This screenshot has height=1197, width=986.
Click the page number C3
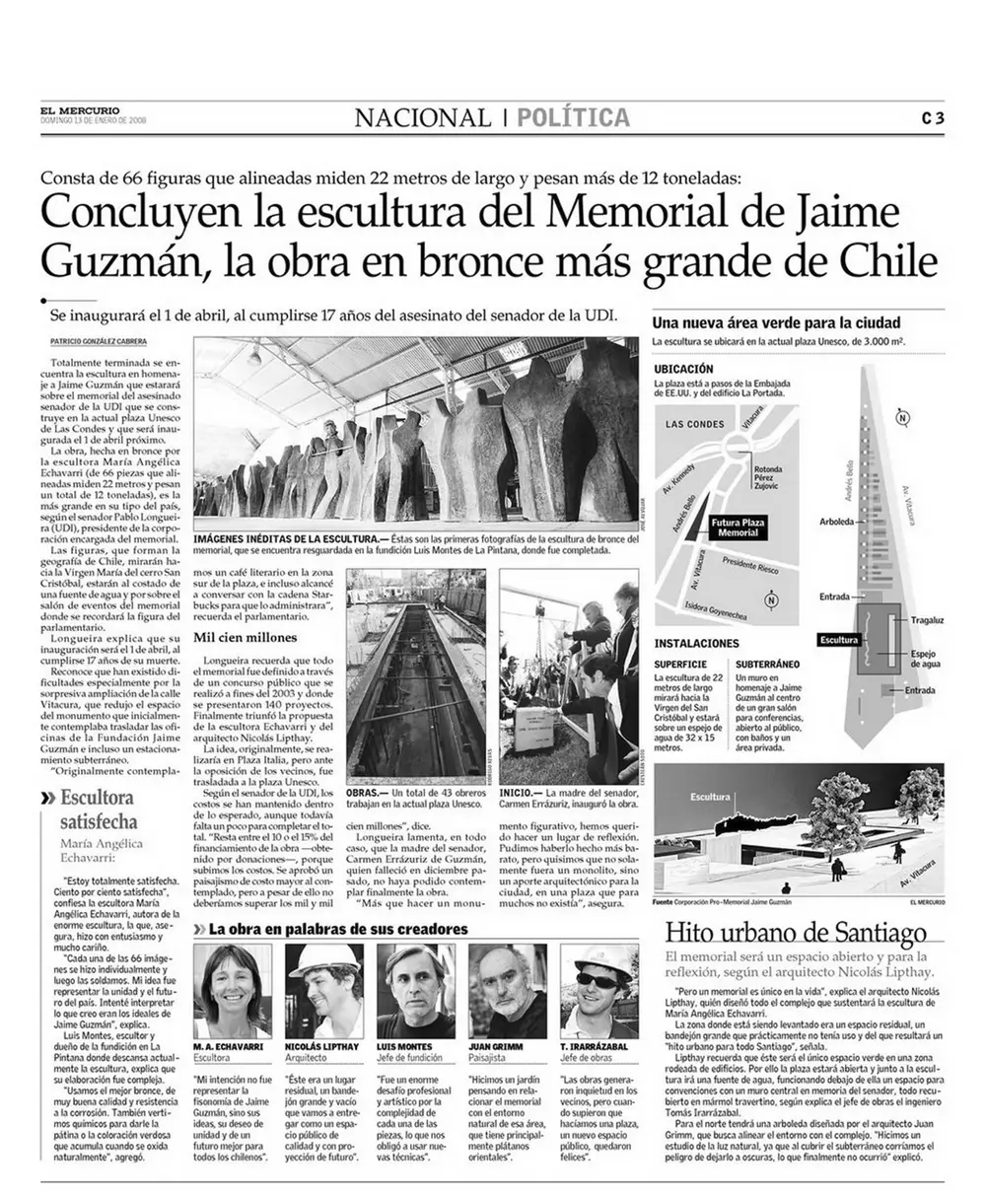click(933, 117)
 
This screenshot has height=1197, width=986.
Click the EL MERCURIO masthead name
click(81, 109)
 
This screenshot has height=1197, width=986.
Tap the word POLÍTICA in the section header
click(574, 117)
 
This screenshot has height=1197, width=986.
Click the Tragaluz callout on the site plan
click(928, 620)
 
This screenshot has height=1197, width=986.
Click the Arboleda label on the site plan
click(835, 520)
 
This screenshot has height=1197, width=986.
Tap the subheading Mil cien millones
click(245, 638)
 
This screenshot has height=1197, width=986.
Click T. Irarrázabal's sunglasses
click(597, 980)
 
